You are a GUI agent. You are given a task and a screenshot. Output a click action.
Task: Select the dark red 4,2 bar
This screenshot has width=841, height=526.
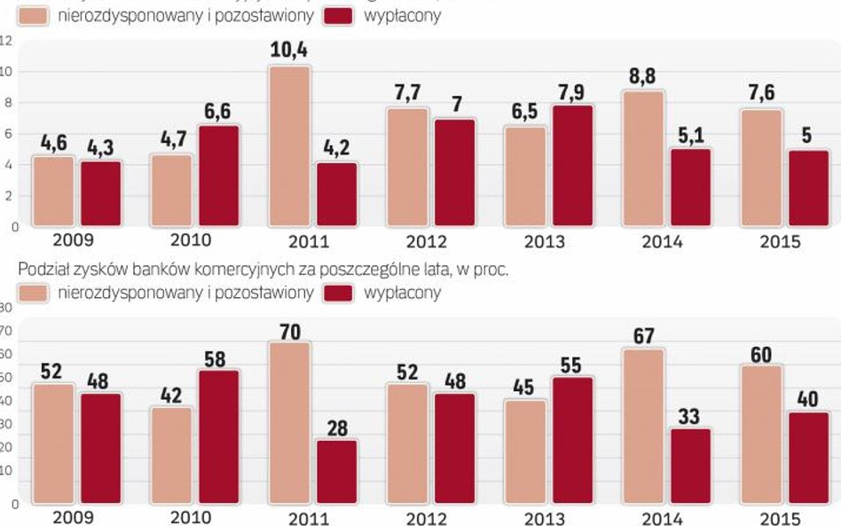pos(336,195)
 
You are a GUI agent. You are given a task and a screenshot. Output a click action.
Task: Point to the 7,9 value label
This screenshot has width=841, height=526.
pos(571,91)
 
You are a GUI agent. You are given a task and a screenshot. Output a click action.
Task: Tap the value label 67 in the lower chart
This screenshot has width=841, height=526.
pos(643,335)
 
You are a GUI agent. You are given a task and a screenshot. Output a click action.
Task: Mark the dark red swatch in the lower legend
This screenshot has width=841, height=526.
pos(341,292)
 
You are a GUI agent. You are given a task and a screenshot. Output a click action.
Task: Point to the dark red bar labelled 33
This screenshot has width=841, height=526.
pos(690,467)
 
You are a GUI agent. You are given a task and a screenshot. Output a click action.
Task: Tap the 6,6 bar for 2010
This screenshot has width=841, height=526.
pos(218,177)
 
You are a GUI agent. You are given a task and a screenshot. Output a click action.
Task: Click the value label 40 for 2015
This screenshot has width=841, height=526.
pos(807,398)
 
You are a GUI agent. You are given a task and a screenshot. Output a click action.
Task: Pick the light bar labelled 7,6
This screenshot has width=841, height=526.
pos(761,168)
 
